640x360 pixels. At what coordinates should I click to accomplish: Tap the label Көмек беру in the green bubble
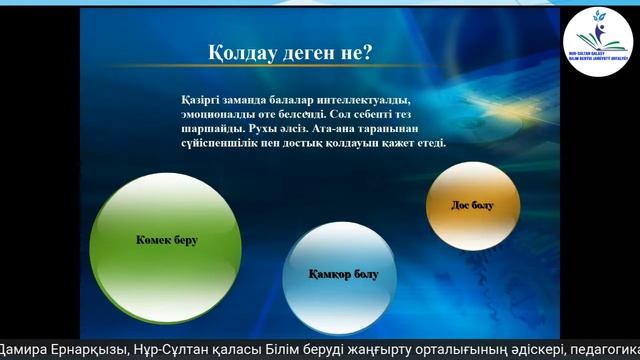(x=167, y=241)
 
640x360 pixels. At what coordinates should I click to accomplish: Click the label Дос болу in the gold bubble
(x=473, y=204)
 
